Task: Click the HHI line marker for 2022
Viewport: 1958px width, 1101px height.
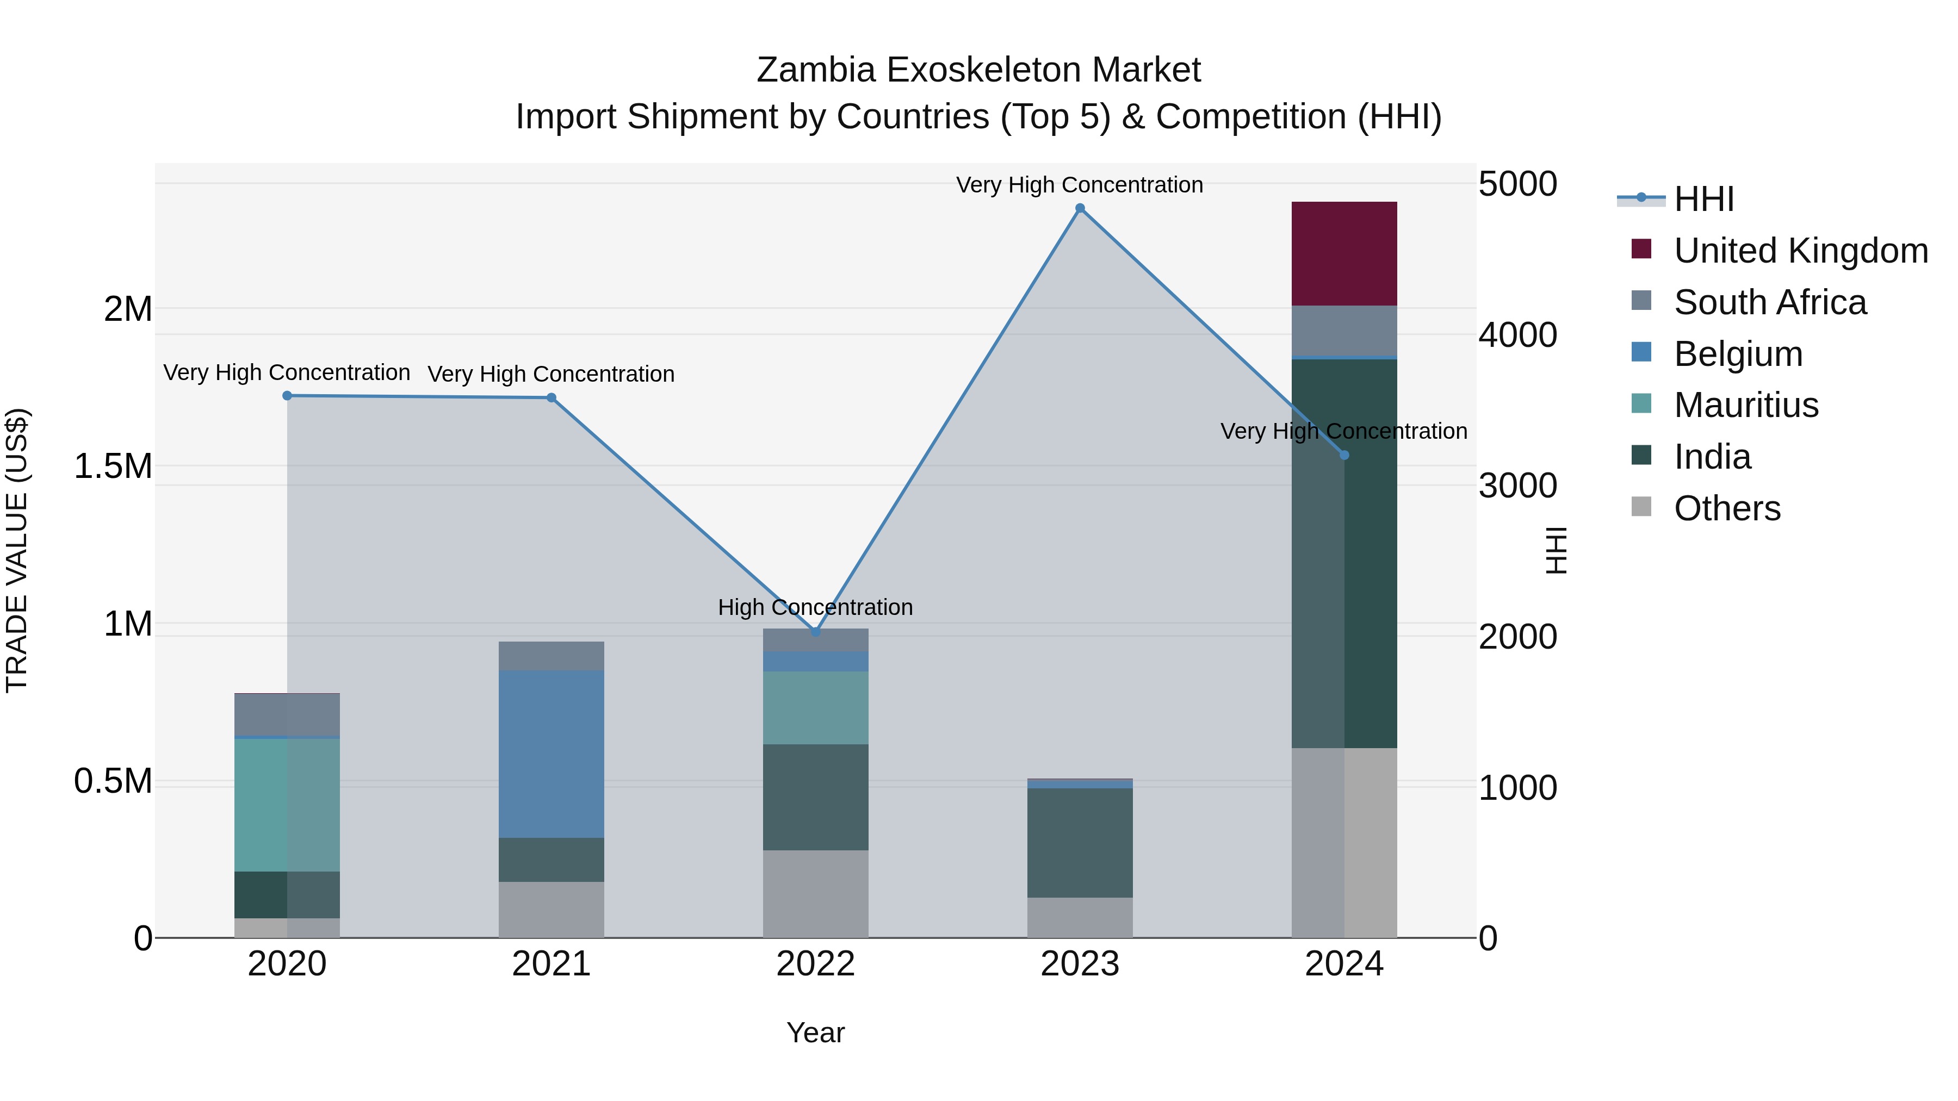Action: coord(816,631)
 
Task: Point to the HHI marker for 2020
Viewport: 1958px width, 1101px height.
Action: coord(287,395)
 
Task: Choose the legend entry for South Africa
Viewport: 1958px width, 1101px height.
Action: coord(1769,302)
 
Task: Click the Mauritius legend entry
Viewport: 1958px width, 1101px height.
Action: coord(1746,405)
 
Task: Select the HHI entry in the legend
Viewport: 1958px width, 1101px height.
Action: coord(1703,199)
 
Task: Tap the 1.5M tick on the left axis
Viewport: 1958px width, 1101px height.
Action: coord(113,466)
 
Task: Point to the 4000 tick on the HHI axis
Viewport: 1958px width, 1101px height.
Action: coord(1517,335)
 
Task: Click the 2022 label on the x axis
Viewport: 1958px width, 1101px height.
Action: coord(816,964)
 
